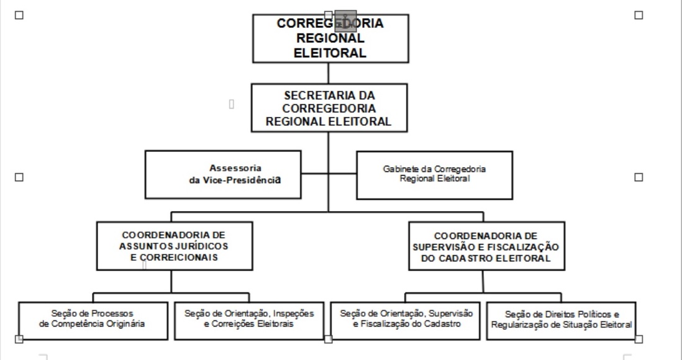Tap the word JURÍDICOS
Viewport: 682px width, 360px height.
point(202,246)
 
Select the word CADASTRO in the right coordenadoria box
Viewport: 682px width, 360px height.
point(478,259)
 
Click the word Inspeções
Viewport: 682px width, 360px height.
point(294,313)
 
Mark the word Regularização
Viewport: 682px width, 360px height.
point(518,324)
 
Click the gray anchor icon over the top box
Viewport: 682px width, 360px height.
point(345,21)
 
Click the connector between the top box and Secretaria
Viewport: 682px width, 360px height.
point(329,73)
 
